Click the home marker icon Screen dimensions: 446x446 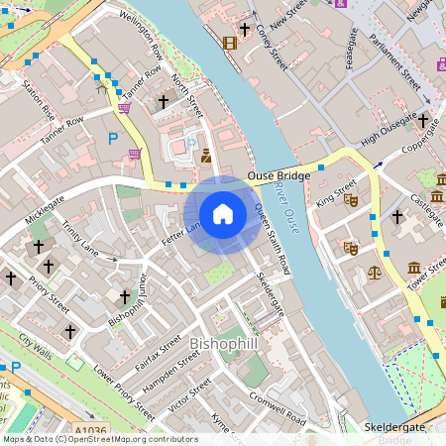click(x=223, y=213)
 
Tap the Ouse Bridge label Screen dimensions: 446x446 click(x=279, y=175)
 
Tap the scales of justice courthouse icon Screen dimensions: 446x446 click(x=375, y=270)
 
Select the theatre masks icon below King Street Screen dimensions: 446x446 click(x=350, y=247)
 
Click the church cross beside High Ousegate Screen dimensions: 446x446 click(x=423, y=121)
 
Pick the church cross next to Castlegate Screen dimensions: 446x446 click(x=397, y=216)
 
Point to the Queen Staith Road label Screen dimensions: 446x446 click(x=272, y=238)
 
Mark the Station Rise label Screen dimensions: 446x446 click(x=32, y=100)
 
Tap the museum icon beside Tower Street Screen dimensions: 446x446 click(x=414, y=267)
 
